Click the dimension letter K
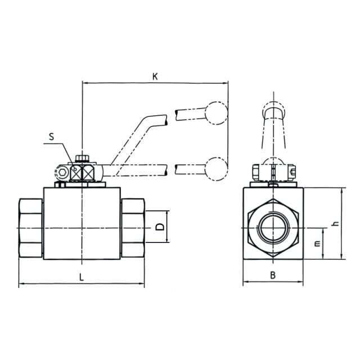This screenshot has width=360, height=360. click(155, 76)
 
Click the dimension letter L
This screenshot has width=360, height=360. click(81, 277)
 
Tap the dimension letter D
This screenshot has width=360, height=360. click(160, 227)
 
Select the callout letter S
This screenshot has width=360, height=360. click(51, 136)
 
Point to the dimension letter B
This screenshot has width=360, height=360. click(273, 275)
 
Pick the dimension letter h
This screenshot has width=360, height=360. click(336, 223)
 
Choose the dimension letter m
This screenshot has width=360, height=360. click(317, 244)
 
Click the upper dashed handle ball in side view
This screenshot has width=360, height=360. click(216, 113)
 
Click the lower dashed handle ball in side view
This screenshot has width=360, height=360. click(216, 169)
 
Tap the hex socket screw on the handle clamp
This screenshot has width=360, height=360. click(62, 173)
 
